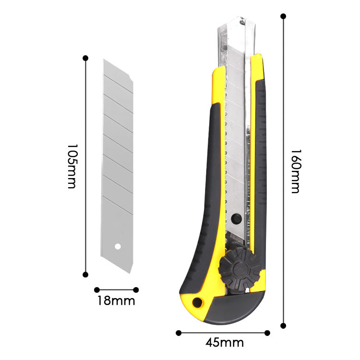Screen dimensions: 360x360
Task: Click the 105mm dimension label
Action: (72, 166)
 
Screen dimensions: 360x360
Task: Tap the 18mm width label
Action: (116, 301)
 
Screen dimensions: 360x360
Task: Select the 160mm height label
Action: (296, 171)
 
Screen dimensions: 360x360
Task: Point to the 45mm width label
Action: (225, 343)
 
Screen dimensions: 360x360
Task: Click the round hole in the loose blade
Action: (118, 247)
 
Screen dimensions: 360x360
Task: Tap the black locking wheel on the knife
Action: (240, 269)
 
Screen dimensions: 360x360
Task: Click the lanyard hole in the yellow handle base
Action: (197, 302)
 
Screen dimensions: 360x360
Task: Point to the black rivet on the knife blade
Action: (237, 218)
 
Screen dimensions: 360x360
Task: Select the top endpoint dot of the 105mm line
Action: (85, 58)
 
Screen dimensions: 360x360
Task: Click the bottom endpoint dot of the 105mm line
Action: (85, 275)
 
